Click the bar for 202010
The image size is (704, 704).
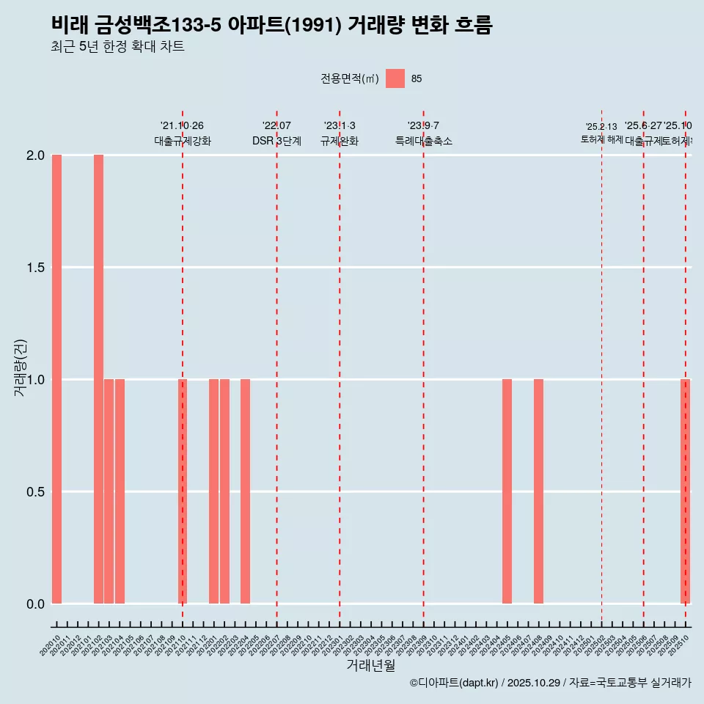pyautogui.click(x=56, y=379)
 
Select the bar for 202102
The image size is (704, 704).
pyautogui.click(x=98, y=379)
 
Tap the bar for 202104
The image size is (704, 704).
pyautogui.click(x=120, y=491)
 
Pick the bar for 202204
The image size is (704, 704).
pyautogui.click(x=245, y=491)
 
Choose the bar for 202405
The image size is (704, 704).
pyautogui.click(x=507, y=491)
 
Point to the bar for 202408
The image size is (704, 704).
pyautogui.click(x=538, y=491)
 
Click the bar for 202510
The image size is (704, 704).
pyautogui.click(x=685, y=491)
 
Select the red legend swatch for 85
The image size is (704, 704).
pyautogui.click(x=395, y=78)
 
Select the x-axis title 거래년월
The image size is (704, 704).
pyautogui.click(x=370, y=666)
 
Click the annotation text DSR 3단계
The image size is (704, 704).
pyautogui.click(x=276, y=141)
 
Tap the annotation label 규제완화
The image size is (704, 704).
pyautogui.click(x=340, y=141)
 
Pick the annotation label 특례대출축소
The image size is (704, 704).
pyautogui.click(x=423, y=141)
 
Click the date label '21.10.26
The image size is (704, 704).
pyautogui.click(x=182, y=125)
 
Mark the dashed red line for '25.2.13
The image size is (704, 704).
pyautogui.click(x=601, y=367)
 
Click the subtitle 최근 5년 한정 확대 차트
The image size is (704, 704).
pyautogui.click(x=117, y=47)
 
